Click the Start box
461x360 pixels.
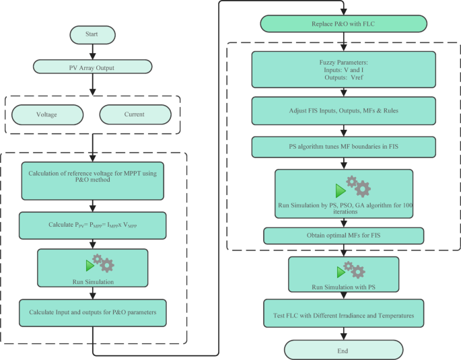pos(92,34)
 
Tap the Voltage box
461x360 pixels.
pos(46,114)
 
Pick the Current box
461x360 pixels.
pos(134,114)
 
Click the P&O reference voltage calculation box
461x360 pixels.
pos(93,180)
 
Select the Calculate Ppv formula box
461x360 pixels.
pos(93,225)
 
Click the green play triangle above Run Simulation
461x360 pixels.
pos(90,265)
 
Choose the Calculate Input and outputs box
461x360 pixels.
pos(93,312)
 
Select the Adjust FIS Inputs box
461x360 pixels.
pos(343,109)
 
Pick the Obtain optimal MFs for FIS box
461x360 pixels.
pos(343,235)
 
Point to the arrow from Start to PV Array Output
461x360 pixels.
pos(92,50)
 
